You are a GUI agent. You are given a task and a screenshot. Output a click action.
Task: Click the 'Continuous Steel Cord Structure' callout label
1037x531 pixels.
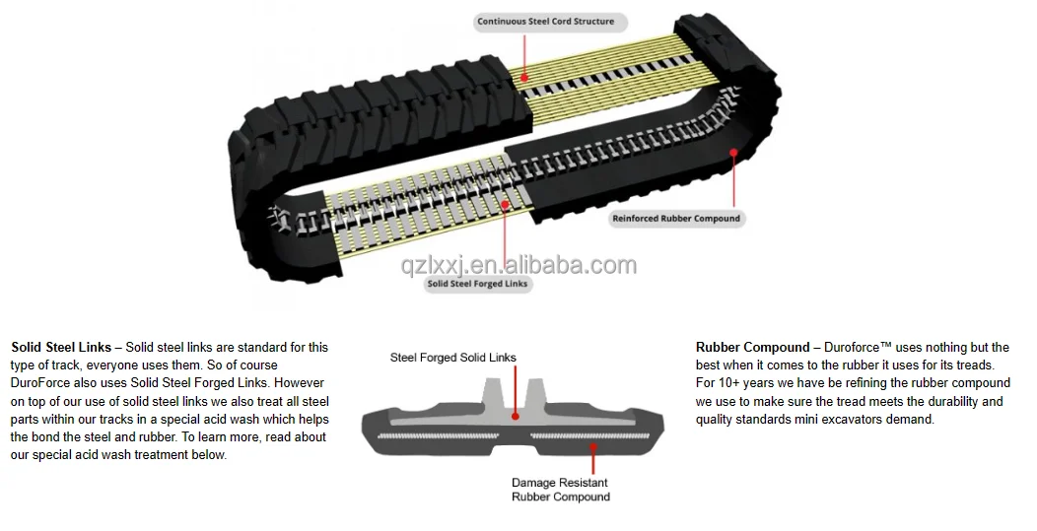click(x=545, y=22)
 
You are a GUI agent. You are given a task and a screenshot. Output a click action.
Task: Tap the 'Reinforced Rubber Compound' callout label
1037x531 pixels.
click(x=675, y=219)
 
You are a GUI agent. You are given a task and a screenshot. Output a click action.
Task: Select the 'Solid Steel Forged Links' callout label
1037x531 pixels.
click(x=478, y=284)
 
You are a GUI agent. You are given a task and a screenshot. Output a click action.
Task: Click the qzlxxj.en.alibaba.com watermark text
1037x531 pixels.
click(x=518, y=265)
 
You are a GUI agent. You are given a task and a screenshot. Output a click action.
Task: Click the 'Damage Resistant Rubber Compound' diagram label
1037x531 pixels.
click(x=559, y=490)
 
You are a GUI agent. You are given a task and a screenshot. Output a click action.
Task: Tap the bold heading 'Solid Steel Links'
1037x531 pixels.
click(x=61, y=348)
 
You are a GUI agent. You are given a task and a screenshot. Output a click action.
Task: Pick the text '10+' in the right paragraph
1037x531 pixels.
click(x=728, y=383)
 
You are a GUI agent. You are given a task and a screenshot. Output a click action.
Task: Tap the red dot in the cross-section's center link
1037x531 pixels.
click(x=517, y=416)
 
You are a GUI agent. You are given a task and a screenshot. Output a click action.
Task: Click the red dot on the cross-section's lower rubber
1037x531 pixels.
click(x=591, y=445)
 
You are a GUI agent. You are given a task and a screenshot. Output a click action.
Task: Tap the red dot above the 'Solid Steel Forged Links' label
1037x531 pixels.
click(x=505, y=205)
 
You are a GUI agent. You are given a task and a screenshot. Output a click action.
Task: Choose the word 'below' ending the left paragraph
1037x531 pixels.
click(x=208, y=454)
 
